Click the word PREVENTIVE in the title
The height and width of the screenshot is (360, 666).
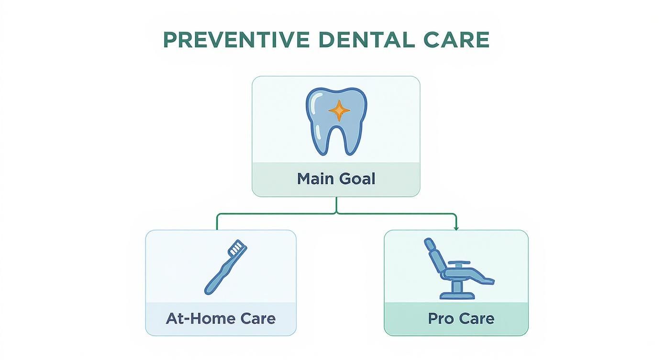tap(237, 40)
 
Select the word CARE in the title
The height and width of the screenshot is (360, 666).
tap(456, 40)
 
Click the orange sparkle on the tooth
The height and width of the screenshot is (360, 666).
tap(339, 111)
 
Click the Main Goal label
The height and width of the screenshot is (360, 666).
tap(336, 179)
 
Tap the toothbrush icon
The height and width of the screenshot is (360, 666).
tap(225, 267)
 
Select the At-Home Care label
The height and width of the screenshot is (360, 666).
tap(221, 318)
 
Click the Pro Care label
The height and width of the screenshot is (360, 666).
tap(461, 318)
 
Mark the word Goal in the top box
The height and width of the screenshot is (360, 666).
tap(357, 179)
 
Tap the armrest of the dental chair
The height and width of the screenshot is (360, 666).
tap(460, 263)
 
